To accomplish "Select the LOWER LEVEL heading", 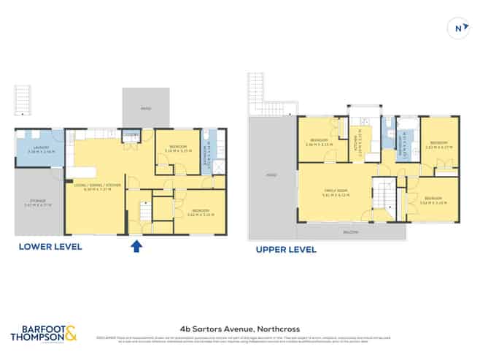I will coord(50,247).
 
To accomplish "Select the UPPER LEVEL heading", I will coord(285,250).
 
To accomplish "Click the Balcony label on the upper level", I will coord(351,231).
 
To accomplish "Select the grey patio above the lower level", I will coord(146,108).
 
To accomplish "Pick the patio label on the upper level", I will coord(271,176).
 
